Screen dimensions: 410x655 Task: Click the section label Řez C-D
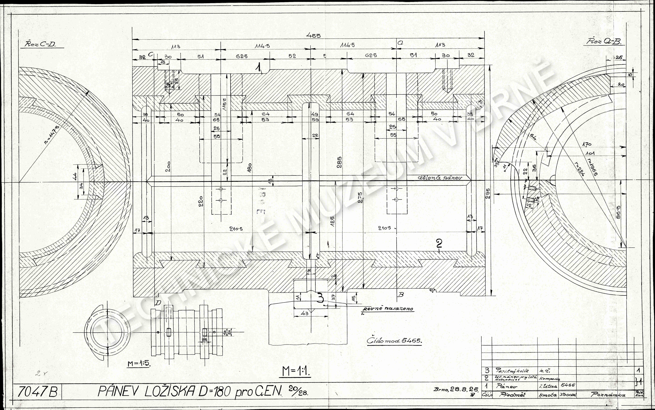pos(40,45)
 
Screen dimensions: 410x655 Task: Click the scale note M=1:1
pos(296,372)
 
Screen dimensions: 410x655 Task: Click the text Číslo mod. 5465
pos(394,341)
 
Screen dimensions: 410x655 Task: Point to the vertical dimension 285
pos(339,162)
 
